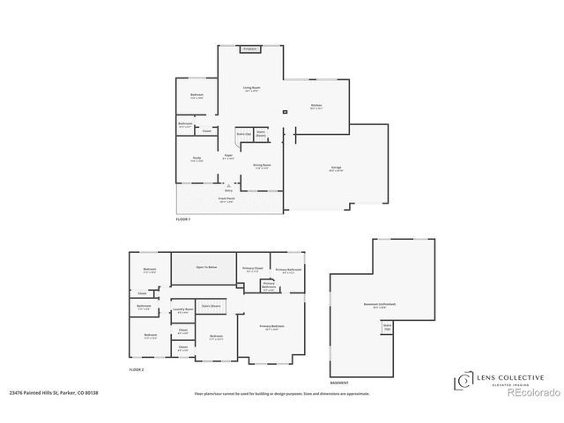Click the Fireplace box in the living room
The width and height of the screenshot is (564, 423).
[x=250, y=49]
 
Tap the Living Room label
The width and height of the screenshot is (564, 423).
[x=251, y=88]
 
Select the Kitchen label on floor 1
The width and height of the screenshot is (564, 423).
[x=316, y=106]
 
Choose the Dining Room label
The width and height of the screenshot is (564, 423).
[x=262, y=165]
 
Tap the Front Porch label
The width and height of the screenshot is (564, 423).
[x=227, y=199]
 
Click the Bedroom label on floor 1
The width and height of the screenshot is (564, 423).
[x=197, y=95]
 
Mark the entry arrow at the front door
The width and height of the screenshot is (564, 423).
[x=228, y=185]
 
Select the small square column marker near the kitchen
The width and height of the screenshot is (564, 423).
[x=285, y=112]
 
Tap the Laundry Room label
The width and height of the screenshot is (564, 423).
[x=182, y=309]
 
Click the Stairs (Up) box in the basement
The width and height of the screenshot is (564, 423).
[x=386, y=326]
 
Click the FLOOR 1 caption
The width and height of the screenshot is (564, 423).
[x=183, y=219]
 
